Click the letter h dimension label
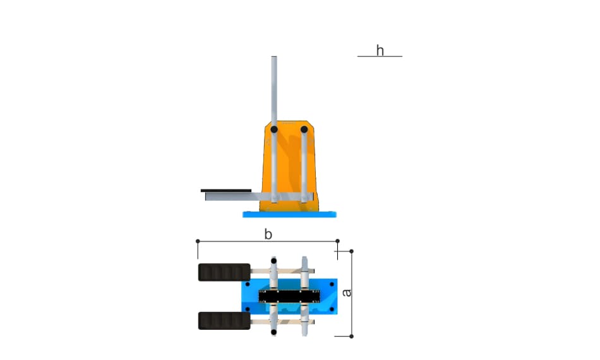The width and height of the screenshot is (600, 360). (380, 50)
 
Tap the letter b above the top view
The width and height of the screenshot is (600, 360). (268, 234)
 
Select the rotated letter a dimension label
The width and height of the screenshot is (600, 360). (346, 292)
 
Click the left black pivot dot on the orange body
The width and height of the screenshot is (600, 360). (274, 129)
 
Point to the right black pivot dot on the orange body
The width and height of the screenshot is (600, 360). (304, 129)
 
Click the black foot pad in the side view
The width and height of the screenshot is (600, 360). (226, 191)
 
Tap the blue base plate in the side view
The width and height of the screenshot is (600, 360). (290, 214)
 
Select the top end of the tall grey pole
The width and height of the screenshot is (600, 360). (274, 57)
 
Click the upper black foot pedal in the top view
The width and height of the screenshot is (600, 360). (224, 272)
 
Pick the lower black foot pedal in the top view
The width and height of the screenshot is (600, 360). (224, 321)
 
